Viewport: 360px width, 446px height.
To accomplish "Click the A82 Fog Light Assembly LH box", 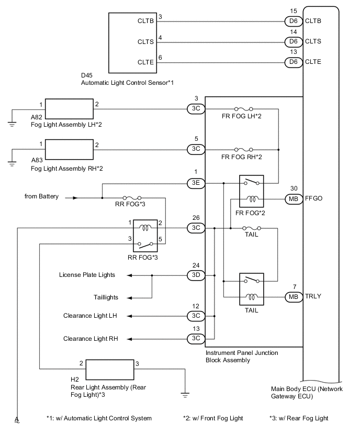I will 70,108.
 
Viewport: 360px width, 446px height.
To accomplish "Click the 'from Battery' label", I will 42,197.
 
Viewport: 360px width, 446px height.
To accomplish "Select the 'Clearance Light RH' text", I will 90,339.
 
